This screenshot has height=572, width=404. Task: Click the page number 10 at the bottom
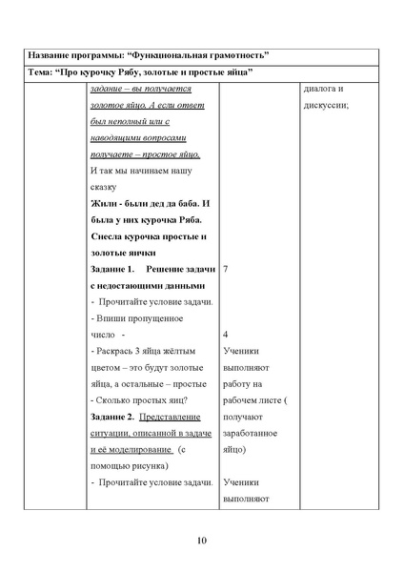coord(201,541)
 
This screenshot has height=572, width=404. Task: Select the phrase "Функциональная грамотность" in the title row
coord(209,55)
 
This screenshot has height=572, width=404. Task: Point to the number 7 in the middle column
coord(225,270)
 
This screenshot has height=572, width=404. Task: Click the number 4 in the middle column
coord(225,335)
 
